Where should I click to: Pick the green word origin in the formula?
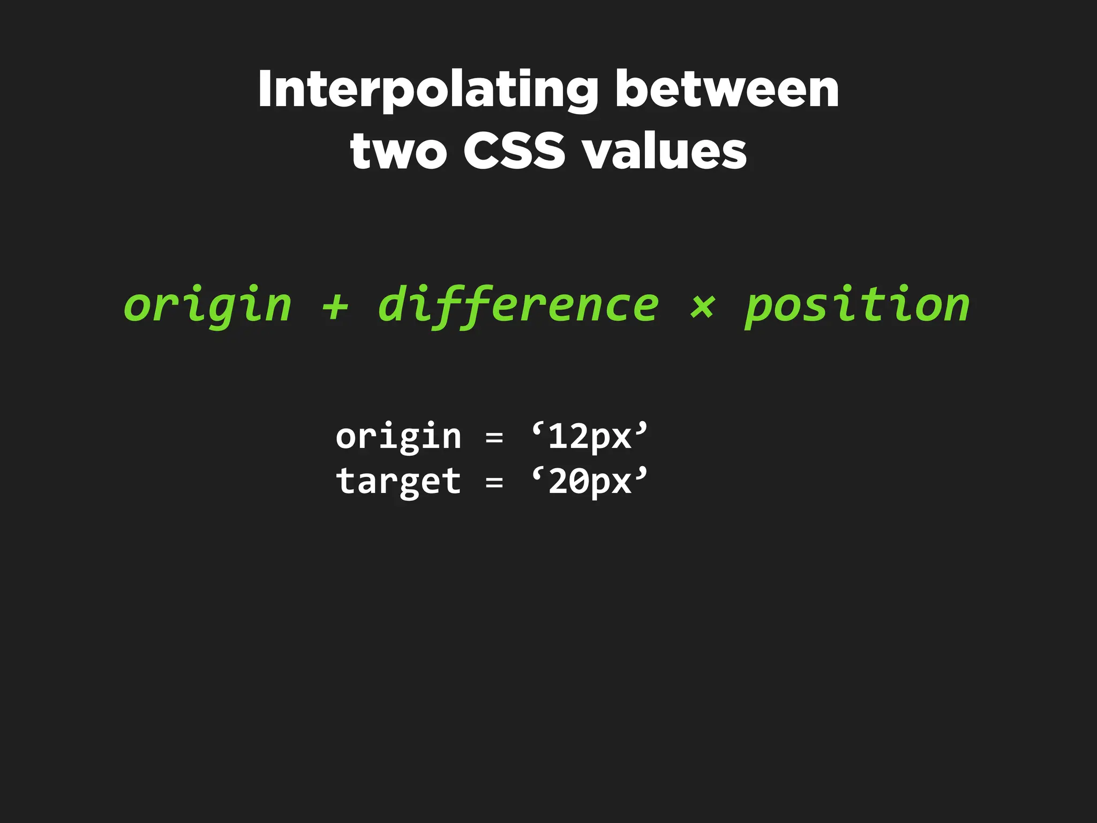208,305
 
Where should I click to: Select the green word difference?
518,305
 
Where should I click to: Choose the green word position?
857,305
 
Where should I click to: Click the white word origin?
399,437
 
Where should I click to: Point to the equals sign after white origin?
494,438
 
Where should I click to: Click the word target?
399,482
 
